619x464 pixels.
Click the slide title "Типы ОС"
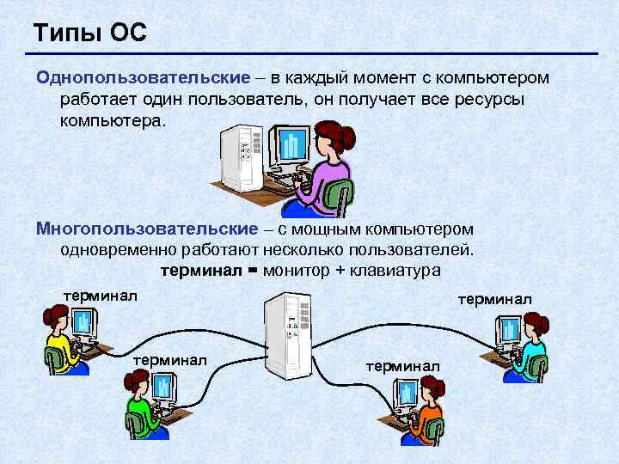point(90,34)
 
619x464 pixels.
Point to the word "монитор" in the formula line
point(296,270)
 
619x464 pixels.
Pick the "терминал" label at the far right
point(495,299)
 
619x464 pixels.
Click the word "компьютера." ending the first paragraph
point(111,119)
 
